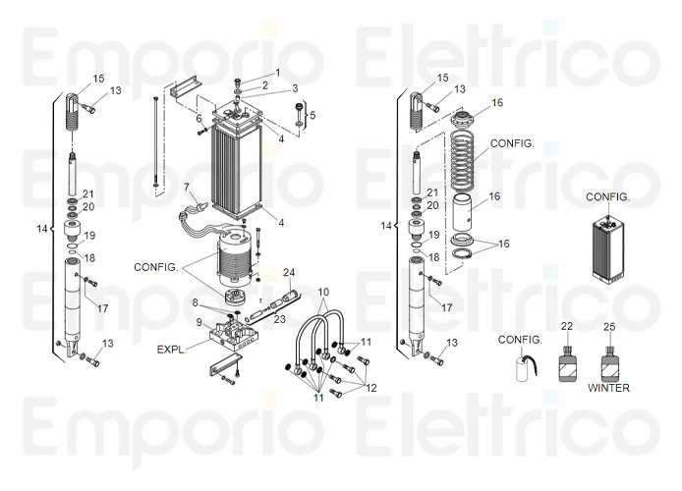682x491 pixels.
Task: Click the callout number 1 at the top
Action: [x=277, y=73]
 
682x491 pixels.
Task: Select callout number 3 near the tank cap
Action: [x=295, y=89]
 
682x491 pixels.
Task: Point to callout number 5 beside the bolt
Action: [x=313, y=116]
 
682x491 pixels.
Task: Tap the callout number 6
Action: [x=198, y=119]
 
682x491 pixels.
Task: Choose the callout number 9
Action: [x=199, y=322]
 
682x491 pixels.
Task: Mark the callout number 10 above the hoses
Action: [x=323, y=294]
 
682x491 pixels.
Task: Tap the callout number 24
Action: [x=289, y=272]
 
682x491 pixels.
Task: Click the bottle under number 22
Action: [x=566, y=363]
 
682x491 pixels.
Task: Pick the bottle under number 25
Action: [x=609, y=363]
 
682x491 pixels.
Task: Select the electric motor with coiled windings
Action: [x=235, y=257]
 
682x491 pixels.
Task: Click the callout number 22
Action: [x=566, y=325]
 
